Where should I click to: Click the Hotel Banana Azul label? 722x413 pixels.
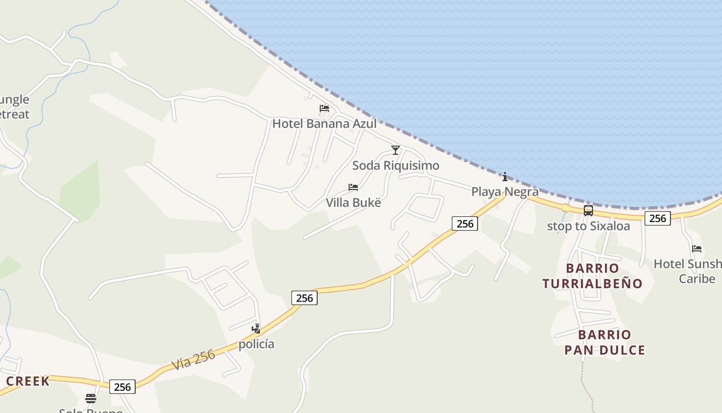pos(324,123)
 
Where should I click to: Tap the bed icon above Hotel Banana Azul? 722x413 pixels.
pos(324,108)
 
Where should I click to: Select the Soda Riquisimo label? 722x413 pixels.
pos(396,165)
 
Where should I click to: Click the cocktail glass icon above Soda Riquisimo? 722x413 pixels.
pos(396,150)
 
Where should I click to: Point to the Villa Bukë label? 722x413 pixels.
pos(353,202)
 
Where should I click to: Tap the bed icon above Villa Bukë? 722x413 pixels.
pos(353,187)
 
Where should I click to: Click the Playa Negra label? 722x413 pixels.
pos(505,192)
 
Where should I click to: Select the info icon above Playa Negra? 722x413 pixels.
pos(505,177)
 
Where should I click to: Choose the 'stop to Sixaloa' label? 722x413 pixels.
pos(588,226)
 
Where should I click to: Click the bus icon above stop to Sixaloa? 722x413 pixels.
pos(588,211)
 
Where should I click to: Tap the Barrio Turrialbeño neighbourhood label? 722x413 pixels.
pos(593,276)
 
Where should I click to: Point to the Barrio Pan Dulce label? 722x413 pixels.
pos(605,342)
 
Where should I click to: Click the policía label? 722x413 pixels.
pos(256,344)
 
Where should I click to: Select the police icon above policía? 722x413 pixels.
pos(256,328)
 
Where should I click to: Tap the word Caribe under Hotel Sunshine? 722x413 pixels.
pos(697,279)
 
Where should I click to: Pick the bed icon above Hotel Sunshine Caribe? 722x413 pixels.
pos(697,249)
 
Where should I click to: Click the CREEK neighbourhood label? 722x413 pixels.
pos(28,381)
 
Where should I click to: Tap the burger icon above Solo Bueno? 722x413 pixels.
pos(91,398)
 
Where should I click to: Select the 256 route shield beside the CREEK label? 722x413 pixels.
pos(122,387)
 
